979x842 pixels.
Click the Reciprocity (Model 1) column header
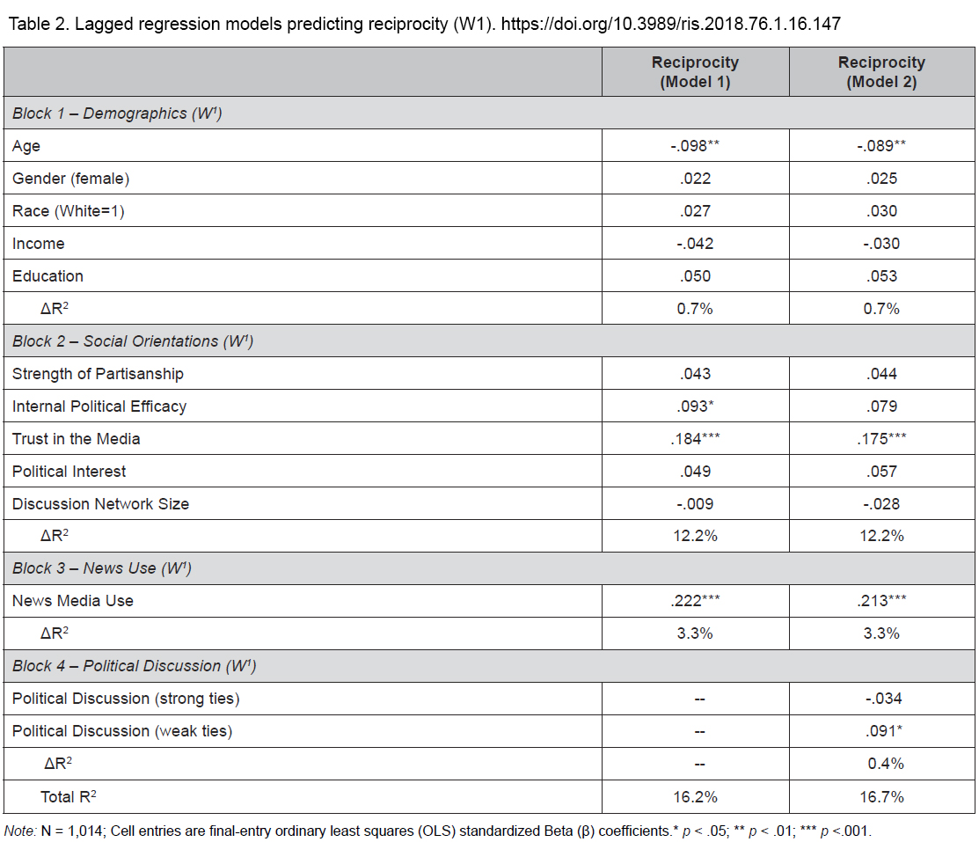pos(695,72)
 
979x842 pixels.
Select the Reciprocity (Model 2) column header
pos(881,72)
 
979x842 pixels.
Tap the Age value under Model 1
pos(695,145)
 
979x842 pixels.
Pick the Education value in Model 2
pos(881,276)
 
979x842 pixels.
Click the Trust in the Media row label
pos(77,438)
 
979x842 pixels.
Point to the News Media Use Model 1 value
pos(695,600)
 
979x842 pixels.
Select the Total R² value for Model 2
pos(881,796)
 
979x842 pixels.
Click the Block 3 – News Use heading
pos(102,567)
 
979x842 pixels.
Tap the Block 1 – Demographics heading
pos(117,113)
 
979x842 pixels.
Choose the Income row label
pos(38,244)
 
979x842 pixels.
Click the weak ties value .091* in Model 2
pos(883,731)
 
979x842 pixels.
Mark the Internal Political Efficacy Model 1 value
pos(695,406)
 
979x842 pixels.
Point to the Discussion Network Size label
pos(100,503)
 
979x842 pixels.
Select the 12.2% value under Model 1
pos(695,535)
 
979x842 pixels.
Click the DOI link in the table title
pos(670,24)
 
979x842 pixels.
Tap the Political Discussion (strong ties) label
pos(126,699)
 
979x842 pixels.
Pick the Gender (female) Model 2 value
pos(881,178)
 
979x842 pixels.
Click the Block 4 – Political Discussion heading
pos(135,666)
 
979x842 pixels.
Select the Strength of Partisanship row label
pos(98,374)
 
